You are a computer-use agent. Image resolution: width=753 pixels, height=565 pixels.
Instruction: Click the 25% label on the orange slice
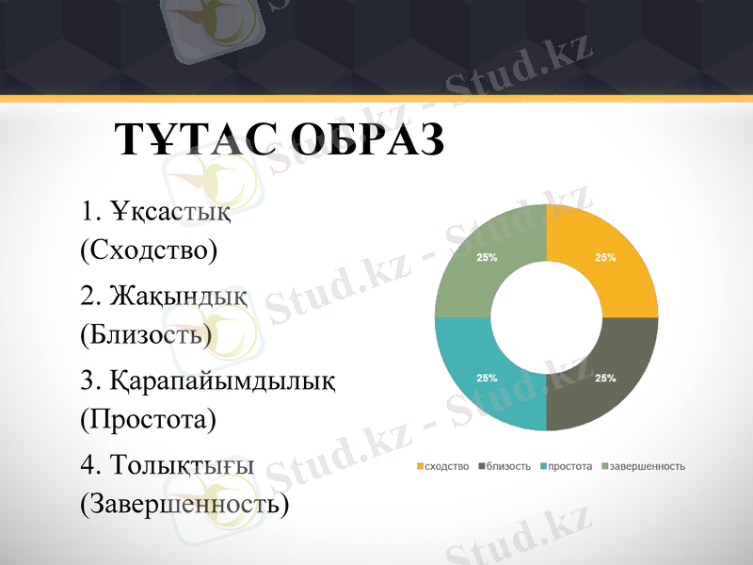[605, 256]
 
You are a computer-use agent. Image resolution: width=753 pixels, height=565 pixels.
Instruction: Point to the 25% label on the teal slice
[487, 378]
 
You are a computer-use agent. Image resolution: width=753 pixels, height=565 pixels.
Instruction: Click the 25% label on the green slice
[487, 256]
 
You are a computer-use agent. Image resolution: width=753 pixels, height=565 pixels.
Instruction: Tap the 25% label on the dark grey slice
[605, 378]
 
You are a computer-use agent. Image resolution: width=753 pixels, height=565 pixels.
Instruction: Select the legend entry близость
[509, 466]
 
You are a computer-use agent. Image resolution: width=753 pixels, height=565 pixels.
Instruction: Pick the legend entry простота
[569, 466]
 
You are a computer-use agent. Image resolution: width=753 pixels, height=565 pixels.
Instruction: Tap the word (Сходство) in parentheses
[149, 250]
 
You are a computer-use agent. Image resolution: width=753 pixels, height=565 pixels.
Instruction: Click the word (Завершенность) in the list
[184, 505]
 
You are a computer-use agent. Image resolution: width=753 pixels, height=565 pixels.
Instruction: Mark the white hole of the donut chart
[546, 317]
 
